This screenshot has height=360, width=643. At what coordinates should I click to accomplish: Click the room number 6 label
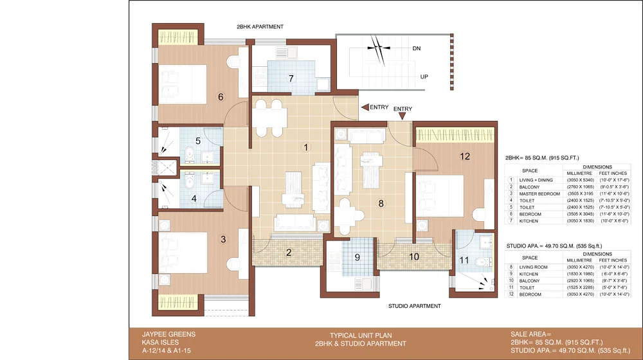[x=221, y=97]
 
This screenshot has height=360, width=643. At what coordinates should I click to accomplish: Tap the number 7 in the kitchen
[x=291, y=78]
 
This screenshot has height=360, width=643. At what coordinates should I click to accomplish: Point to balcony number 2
[x=289, y=252]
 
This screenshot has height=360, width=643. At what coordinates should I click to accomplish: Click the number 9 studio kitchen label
[x=356, y=260]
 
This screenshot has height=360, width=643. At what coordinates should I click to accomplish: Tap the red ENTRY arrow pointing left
[x=365, y=107]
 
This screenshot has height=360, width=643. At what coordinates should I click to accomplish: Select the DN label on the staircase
[x=416, y=48]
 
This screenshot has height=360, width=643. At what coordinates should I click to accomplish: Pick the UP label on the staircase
[x=424, y=76]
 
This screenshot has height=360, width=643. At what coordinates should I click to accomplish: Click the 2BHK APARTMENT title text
[x=259, y=26]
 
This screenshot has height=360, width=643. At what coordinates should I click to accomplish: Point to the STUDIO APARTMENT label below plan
[x=414, y=306]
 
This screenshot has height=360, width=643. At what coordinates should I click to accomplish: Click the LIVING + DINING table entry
[x=536, y=180]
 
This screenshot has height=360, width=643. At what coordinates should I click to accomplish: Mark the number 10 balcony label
[x=414, y=256]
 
